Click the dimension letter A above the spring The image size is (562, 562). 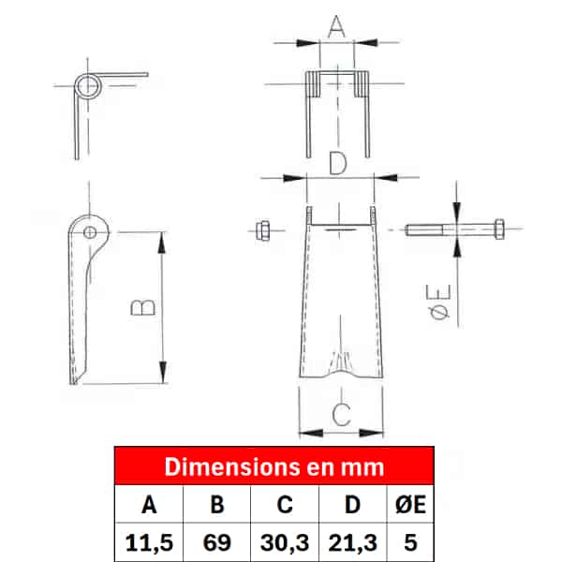tap(336, 26)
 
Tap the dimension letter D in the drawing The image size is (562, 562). tap(338, 163)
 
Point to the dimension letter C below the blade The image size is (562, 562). tap(341, 414)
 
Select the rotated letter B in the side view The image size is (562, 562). tap(142, 308)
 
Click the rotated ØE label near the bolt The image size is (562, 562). tap(439, 302)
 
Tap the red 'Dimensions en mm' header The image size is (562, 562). tap(274, 466)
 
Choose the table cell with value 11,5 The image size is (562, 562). tap(149, 542)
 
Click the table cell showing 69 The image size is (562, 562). tap(217, 542)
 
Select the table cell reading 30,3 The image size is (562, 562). tap(285, 542)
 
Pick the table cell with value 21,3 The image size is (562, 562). tap(353, 542)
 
